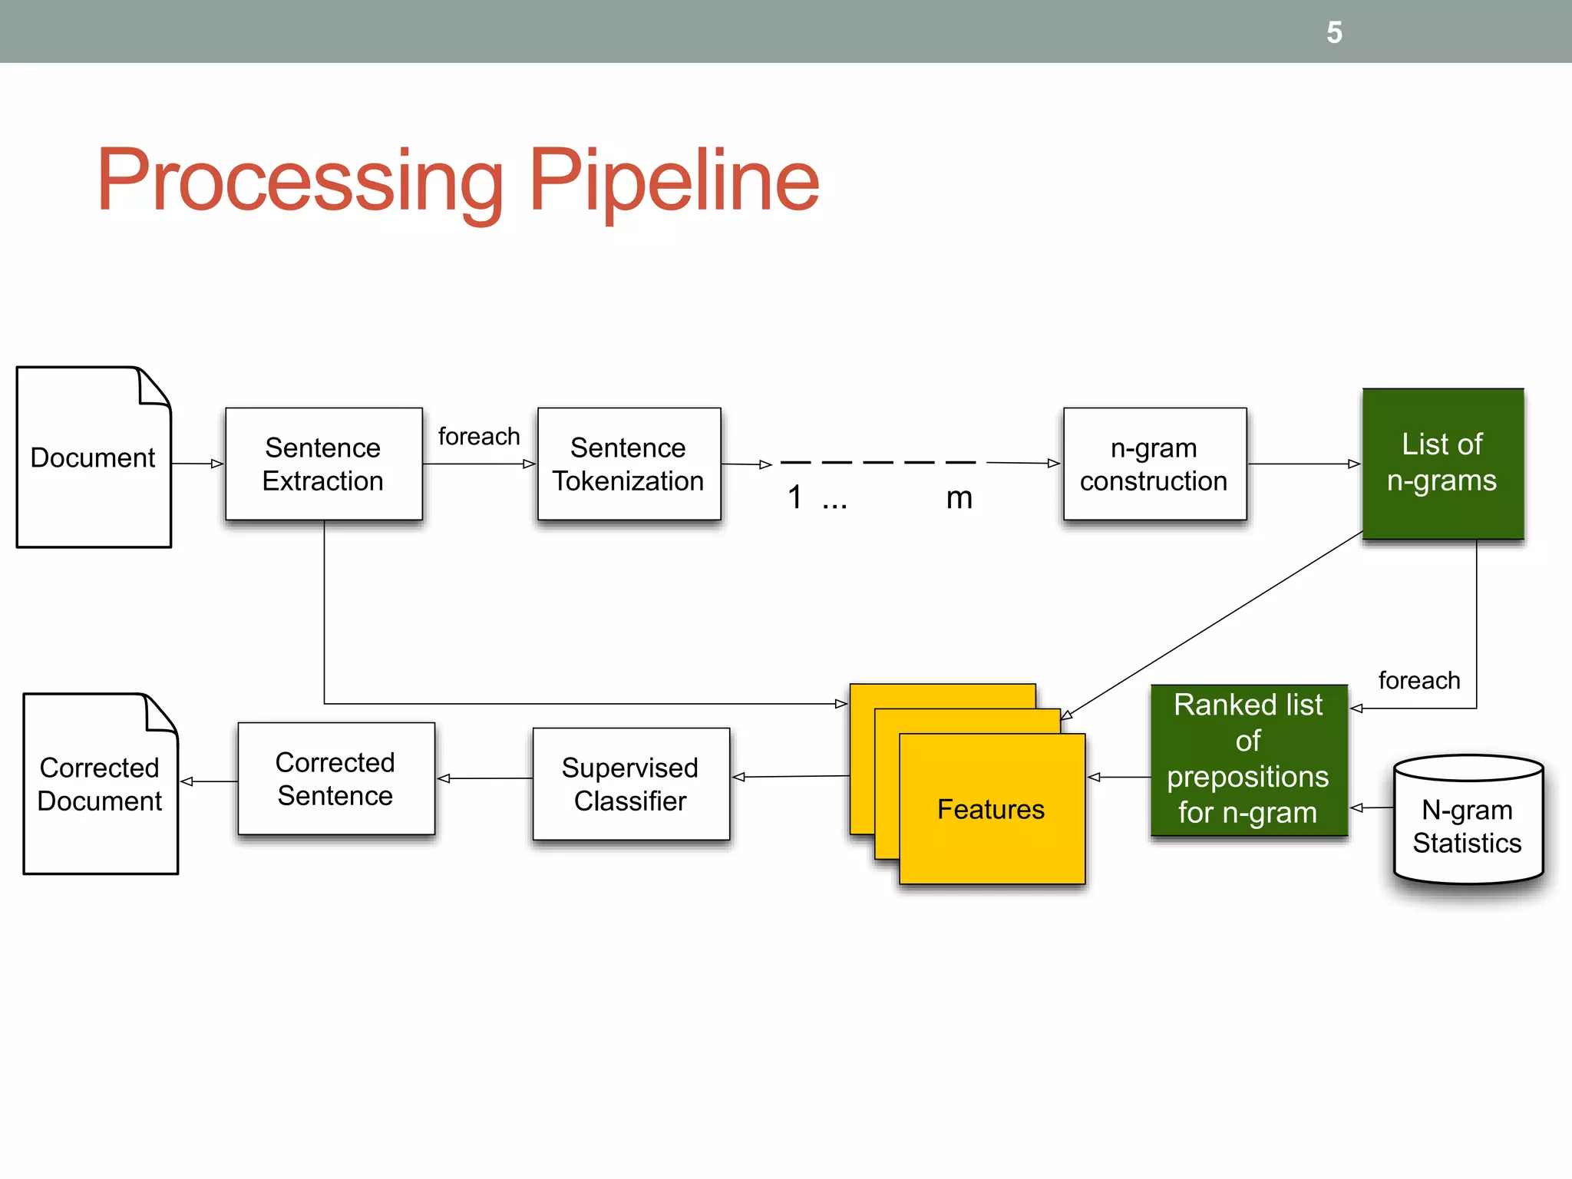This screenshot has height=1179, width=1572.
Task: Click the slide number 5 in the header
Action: tap(1334, 33)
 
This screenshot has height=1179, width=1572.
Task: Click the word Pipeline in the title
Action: tap(674, 181)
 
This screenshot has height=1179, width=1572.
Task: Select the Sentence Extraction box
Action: tap(323, 464)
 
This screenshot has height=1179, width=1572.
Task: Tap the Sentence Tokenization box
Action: tap(629, 464)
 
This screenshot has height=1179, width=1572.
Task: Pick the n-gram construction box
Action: tap(1154, 464)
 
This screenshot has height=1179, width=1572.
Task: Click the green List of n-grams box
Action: tap(1442, 463)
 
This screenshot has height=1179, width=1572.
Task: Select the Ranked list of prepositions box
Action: tap(1248, 759)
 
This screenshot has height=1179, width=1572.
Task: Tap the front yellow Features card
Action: tap(991, 809)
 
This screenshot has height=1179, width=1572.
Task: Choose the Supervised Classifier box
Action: tap(630, 784)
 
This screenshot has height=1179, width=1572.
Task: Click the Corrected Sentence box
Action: tap(335, 778)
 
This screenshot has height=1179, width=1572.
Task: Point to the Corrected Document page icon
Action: tap(100, 784)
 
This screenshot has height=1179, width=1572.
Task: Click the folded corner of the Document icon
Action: tap(154, 387)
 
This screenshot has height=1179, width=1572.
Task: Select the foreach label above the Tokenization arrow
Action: tap(478, 437)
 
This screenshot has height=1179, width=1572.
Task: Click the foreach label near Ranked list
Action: tap(1418, 680)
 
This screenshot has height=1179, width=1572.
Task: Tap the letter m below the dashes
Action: tap(959, 498)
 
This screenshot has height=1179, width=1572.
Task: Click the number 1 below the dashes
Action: tap(795, 497)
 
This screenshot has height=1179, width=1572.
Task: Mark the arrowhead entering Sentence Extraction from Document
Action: tap(217, 464)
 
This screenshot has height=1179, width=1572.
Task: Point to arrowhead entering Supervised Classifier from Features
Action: tap(738, 778)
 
